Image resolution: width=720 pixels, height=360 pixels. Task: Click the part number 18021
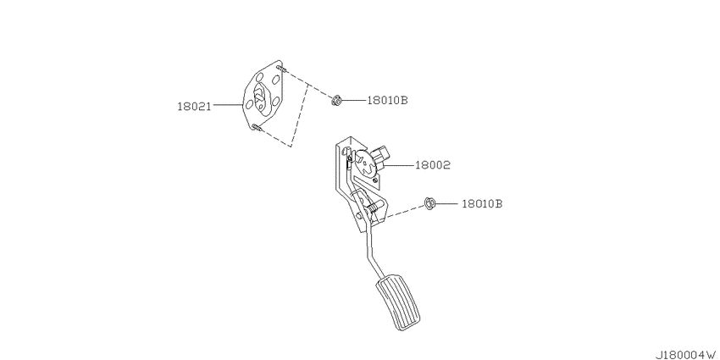click(x=194, y=107)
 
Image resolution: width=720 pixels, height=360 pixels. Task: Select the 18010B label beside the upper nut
click(x=387, y=100)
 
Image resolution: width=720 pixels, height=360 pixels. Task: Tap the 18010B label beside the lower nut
click(x=482, y=204)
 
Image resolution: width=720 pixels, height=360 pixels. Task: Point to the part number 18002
click(x=433, y=165)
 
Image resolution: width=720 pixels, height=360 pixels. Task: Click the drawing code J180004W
click(x=686, y=355)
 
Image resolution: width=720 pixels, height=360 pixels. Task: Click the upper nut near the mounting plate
click(x=336, y=100)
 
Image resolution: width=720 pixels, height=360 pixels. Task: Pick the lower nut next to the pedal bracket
click(x=429, y=203)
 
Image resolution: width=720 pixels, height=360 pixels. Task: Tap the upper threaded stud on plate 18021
click(x=281, y=69)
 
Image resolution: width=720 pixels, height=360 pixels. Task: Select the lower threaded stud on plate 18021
click(x=257, y=128)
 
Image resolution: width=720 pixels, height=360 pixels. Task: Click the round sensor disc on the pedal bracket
click(x=368, y=164)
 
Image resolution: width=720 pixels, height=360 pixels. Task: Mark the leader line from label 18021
click(x=228, y=105)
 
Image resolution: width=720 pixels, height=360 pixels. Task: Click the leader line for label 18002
click(x=400, y=164)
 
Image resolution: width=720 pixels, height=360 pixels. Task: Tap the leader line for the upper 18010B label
click(x=353, y=100)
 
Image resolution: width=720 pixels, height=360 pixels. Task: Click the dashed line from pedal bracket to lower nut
click(x=402, y=211)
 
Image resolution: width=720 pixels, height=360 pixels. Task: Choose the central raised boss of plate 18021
click(x=259, y=99)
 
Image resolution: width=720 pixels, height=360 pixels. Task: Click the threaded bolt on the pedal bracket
click(x=374, y=205)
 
